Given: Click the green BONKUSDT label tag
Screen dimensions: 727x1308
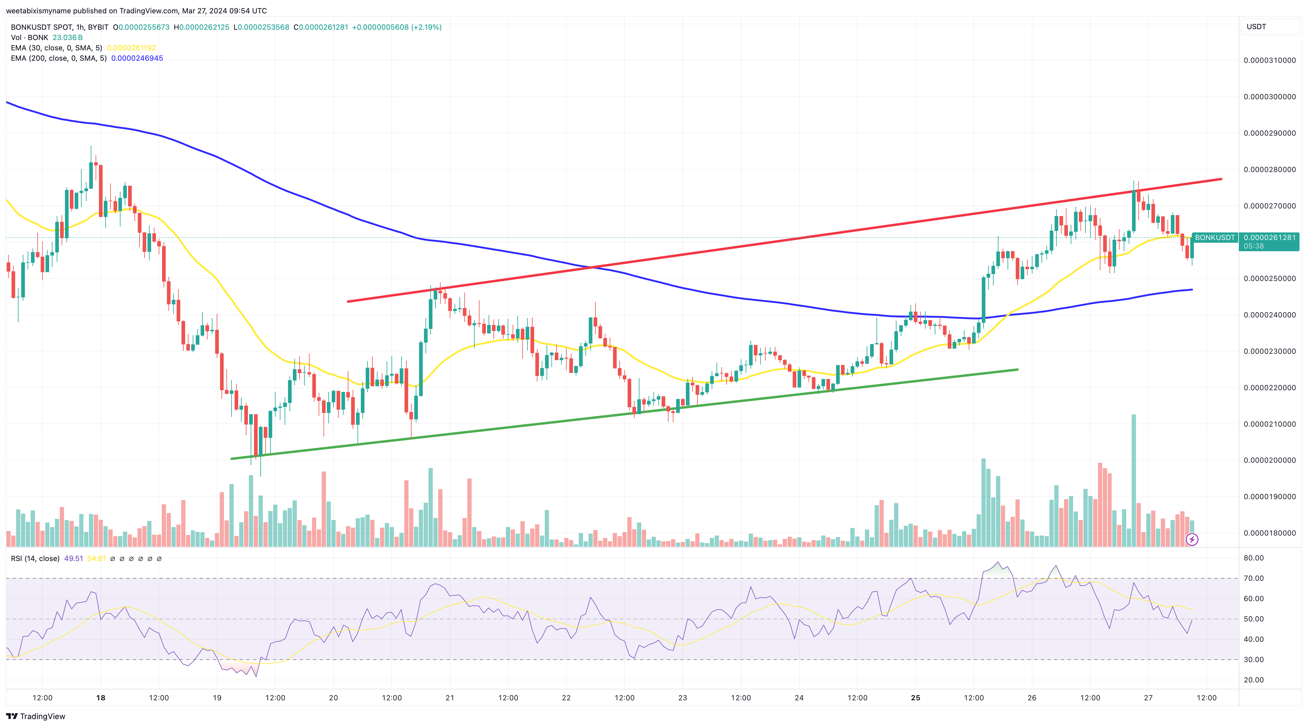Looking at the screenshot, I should tap(1215, 238).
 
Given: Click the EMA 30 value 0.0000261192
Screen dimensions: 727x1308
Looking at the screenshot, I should tap(131, 48).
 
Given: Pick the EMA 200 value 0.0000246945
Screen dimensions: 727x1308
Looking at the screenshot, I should tap(137, 58).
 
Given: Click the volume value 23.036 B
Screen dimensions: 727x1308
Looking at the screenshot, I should tap(67, 38).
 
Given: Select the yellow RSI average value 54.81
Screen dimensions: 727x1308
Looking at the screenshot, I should tap(97, 559).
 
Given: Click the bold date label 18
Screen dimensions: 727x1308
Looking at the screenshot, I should tap(100, 698).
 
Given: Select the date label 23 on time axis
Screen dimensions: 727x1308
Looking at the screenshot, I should tap(683, 698).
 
